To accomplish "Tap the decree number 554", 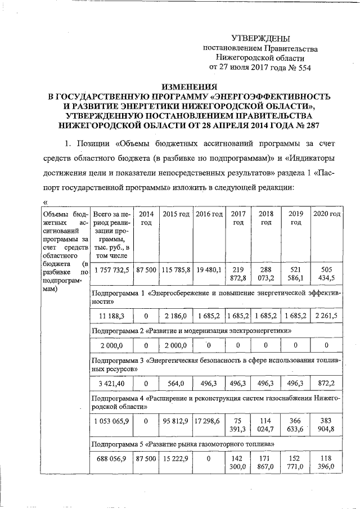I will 301,67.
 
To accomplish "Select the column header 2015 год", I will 175,214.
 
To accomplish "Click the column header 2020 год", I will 326,214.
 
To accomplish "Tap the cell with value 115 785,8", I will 175,270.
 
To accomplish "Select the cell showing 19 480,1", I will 209,270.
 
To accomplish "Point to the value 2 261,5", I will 326,316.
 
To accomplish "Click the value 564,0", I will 175,384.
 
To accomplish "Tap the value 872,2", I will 326,384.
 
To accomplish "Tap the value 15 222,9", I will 175,459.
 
